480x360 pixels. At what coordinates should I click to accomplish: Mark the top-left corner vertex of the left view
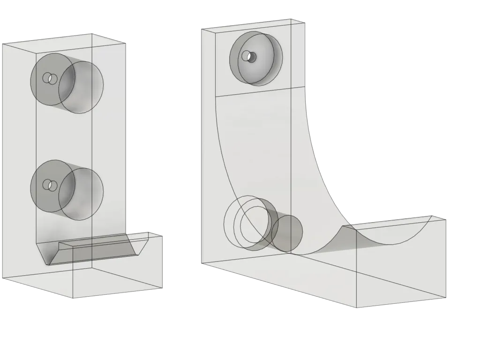2,44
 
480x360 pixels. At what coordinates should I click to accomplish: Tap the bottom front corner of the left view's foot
73,298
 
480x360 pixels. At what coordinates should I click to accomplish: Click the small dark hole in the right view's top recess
252,57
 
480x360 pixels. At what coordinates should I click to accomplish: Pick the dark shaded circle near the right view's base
287,233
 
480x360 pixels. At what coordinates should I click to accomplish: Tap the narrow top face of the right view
253,23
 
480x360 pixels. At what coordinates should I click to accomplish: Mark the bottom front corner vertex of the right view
357,307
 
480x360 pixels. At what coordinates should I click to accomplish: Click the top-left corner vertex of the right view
201,29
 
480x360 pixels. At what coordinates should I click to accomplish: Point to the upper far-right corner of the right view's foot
445,218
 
